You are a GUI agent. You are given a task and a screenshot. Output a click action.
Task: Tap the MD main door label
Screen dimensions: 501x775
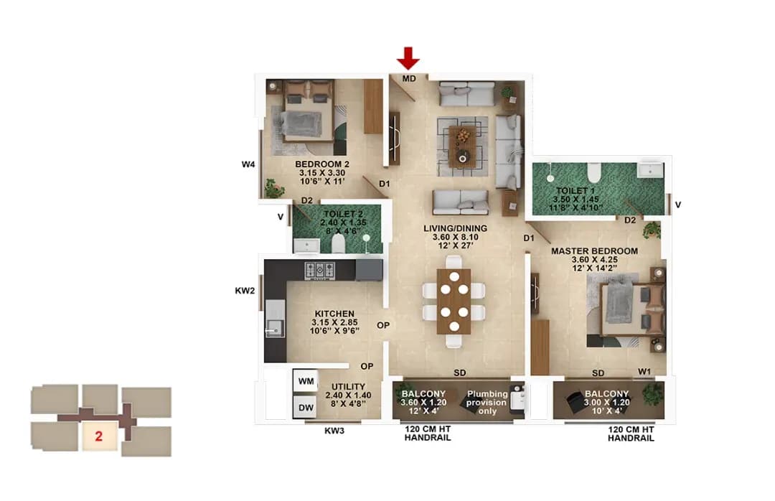pyautogui.click(x=408, y=78)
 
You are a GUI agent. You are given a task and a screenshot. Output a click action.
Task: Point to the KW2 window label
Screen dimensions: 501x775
pyautogui.click(x=245, y=291)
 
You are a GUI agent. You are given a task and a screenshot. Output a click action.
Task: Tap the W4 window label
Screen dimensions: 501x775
pyautogui.click(x=248, y=164)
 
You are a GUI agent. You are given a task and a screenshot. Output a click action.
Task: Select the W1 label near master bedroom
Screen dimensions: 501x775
pyautogui.click(x=645, y=372)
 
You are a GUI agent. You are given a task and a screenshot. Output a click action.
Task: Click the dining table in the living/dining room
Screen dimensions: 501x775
pyautogui.click(x=454, y=301)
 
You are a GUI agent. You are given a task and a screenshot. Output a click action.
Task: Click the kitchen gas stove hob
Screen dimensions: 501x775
pyautogui.click(x=320, y=270)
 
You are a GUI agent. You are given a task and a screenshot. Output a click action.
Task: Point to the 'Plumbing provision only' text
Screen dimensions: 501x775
pyautogui.click(x=487, y=402)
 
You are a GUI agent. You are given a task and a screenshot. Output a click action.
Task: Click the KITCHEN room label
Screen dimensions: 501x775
pyautogui.click(x=334, y=314)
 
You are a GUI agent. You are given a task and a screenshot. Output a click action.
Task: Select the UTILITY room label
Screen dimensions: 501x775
pyautogui.click(x=349, y=387)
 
